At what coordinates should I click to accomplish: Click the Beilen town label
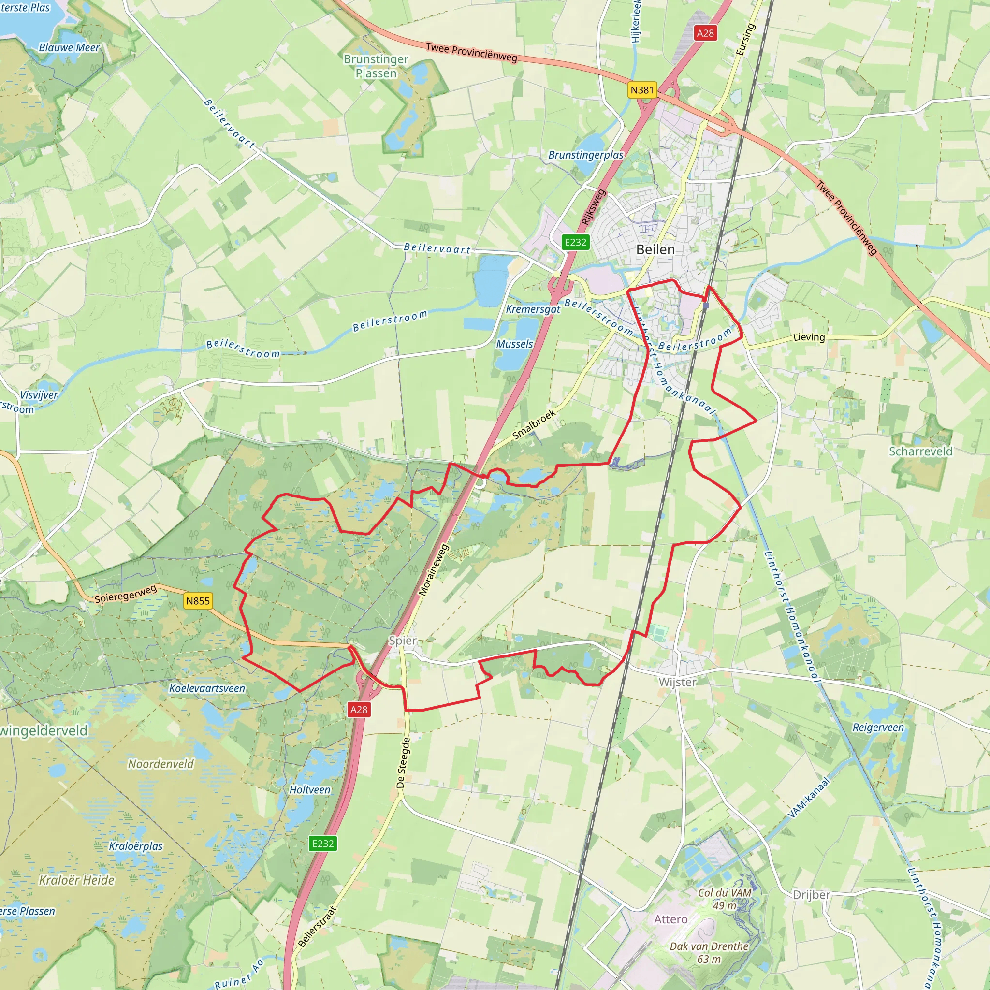coord(655,249)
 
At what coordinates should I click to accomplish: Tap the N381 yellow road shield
coord(642,90)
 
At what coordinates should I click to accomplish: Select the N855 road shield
coord(198,601)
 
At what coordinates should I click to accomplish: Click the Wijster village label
coord(677,682)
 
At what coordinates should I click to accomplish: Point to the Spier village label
coord(403,641)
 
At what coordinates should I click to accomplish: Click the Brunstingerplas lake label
coord(586,155)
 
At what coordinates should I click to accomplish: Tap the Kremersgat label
coord(533,309)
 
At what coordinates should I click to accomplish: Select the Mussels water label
coord(514,344)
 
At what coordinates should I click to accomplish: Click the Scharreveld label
coord(920,451)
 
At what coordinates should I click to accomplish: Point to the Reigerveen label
coord(878,728)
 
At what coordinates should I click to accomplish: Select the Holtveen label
coord(310,790)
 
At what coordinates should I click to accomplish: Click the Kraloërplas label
coord(136,846)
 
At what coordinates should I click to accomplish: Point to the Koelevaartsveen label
coord(207,688)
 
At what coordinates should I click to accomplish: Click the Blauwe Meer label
coord(69,48)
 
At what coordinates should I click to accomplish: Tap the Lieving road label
coord(809,337)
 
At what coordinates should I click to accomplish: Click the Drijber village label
coord(811,895)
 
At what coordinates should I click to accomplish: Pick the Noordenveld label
coord(161,764)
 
